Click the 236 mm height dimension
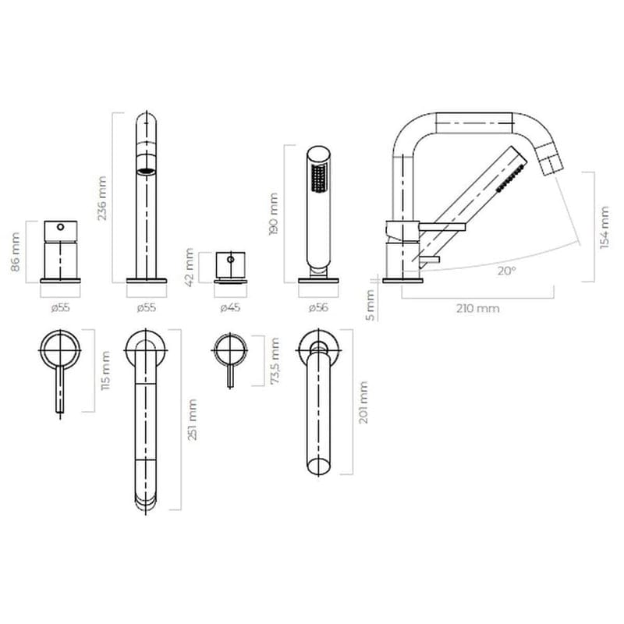pos(102,198)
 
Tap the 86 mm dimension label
pos(15,252)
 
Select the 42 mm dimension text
pos(190,267)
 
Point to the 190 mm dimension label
pos(274,214)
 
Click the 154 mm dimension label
pos(604,228)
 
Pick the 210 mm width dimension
pos(477,308)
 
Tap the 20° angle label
pos(506,271)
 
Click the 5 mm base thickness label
pos(370,305)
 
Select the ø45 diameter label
pos(230,307)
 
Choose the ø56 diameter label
pos(318,307)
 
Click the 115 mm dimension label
pos(105,370)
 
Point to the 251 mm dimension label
pos(192,420)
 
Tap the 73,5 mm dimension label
pos(275,360)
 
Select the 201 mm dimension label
pos(363,402)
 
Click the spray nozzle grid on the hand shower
pos(319,178)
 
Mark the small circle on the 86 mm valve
pos(61,227)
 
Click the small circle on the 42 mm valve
pos(230,260)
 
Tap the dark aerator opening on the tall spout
pos(147,172)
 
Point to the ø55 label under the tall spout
pos(147,307)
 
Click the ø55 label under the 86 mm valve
pos(61,307)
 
